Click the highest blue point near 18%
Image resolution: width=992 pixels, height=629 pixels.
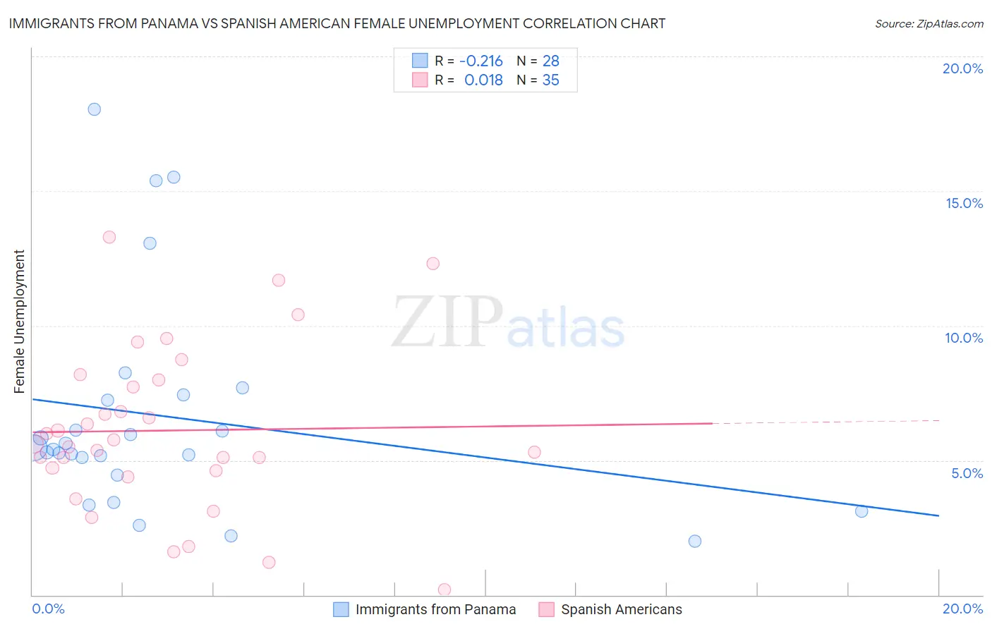94,109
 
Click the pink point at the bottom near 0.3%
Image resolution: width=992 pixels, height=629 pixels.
444,590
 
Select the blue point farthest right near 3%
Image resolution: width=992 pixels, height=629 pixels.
861,511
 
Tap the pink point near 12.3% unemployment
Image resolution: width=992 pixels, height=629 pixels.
433,264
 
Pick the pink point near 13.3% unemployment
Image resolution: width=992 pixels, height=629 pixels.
109,237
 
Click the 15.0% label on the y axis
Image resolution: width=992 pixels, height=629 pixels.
964,203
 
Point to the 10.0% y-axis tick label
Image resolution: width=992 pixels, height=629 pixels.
964,338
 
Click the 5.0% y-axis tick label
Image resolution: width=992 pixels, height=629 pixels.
967,473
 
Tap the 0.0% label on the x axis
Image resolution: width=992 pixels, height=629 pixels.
48,609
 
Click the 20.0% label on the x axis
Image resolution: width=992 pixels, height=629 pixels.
962,609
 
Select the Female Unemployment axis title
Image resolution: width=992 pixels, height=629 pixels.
19,322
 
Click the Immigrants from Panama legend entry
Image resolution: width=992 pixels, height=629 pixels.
435,609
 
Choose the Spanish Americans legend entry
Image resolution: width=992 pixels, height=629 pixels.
621,609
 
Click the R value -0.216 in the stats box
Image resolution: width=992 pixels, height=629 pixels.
480,61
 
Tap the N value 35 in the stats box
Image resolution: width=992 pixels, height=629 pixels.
550,80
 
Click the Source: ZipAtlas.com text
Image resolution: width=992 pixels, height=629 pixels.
929,24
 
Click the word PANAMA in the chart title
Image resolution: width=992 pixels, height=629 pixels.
162,24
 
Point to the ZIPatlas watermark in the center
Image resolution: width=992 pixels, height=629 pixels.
508,323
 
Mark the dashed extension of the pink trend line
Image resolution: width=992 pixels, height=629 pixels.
825,422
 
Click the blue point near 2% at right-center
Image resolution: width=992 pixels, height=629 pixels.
695,541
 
